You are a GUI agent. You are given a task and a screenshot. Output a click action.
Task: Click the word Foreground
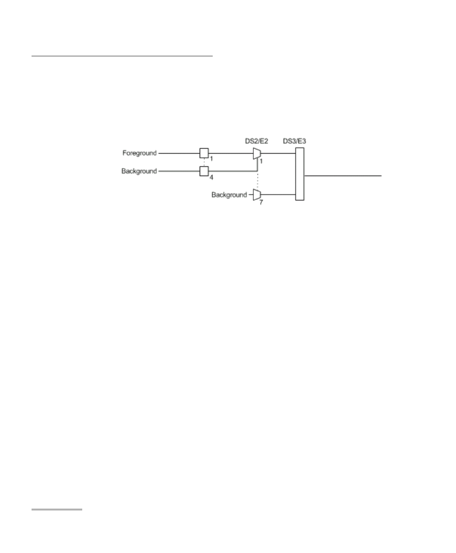pos(139,153)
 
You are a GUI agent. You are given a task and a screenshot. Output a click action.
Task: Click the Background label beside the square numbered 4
pos(139,171)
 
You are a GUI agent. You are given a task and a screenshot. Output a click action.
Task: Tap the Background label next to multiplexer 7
pos(229,195)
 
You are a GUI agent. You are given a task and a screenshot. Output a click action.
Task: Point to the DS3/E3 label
pos(294,141)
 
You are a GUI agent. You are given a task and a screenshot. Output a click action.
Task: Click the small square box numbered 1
pos(204,153)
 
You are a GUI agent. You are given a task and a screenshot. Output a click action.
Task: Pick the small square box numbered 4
pos(204,171)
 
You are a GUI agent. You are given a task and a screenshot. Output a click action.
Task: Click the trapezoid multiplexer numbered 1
pos(257,153)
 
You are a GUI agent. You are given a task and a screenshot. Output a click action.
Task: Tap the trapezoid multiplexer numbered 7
pos(257,195)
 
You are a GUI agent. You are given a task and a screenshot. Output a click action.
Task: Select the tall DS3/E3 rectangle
pos(300,174)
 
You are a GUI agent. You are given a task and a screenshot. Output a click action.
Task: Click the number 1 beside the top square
pos(211,158)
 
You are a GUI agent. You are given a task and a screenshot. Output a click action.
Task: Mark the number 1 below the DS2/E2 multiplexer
pos(261,161)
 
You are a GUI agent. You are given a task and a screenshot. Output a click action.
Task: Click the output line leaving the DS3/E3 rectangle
pos(342,176)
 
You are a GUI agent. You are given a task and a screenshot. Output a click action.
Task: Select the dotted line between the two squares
pos(204,162)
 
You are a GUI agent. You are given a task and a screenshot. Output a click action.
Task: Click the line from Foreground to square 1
pos(179,153)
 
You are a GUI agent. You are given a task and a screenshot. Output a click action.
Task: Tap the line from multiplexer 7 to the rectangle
pos(278,195)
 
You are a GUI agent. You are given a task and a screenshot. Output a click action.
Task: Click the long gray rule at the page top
pos(122,56)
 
